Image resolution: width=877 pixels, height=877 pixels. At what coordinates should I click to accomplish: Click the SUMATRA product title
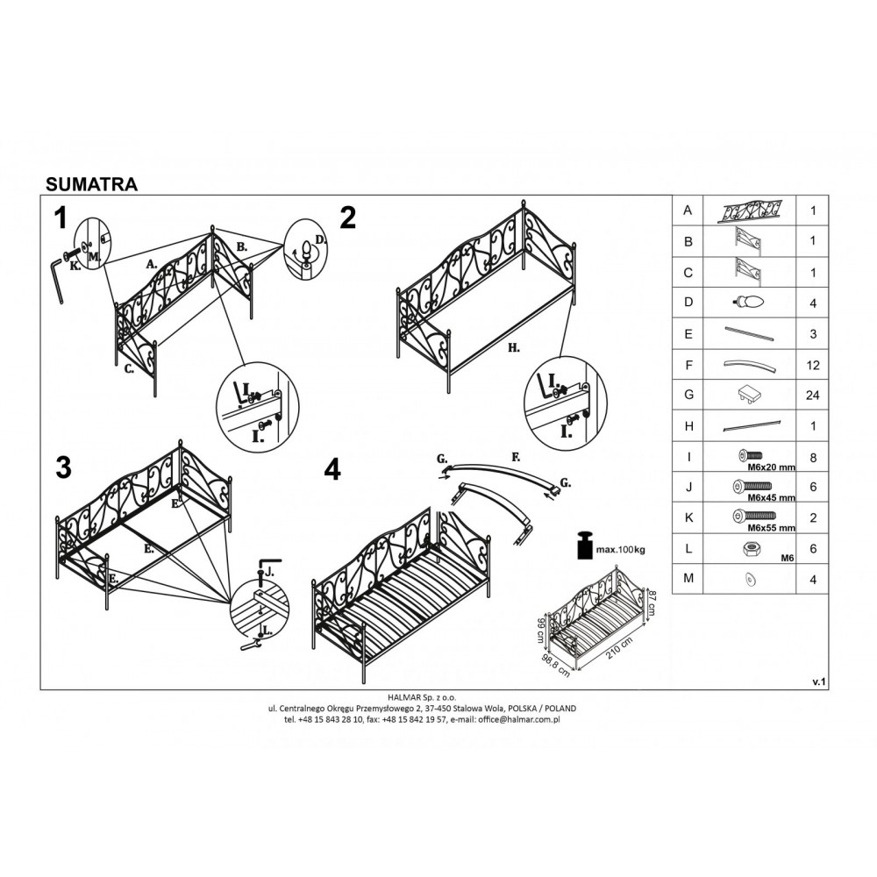point(91,184)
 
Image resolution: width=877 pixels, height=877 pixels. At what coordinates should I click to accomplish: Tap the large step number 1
point(61,218)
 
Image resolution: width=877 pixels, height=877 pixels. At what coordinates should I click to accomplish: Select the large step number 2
point(348,218)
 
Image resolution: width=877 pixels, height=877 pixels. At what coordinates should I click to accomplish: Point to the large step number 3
point(64,467)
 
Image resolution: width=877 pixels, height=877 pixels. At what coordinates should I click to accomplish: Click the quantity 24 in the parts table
point(812,396)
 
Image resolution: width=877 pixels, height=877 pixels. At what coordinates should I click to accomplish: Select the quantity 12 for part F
point(813,365)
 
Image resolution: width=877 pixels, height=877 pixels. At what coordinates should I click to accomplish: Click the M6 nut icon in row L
point(751,549)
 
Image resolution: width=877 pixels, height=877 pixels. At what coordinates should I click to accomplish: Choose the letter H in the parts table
point(688,426)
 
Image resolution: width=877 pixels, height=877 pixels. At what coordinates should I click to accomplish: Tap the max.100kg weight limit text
point(620,550)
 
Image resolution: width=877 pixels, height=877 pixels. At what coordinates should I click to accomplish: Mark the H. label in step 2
point(514,348)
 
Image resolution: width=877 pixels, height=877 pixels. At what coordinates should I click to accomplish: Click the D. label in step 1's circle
point(320,240)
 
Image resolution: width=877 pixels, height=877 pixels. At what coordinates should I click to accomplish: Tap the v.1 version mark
point(819,681)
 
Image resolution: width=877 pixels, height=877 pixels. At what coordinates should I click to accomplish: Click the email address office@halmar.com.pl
point(521,720)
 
